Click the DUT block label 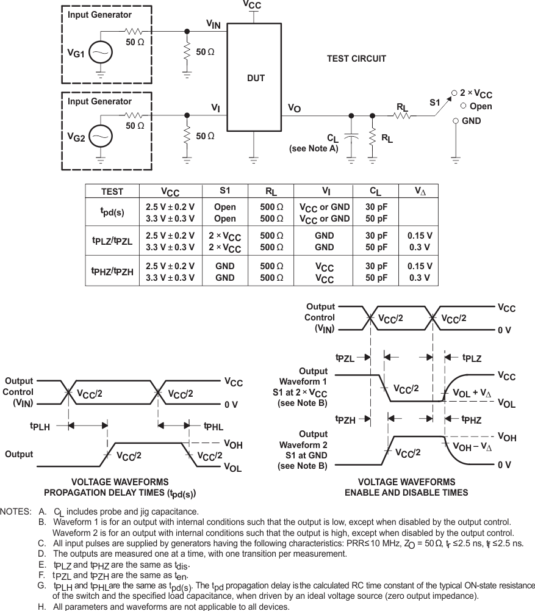256,78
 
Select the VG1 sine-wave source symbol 100,54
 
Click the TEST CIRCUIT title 356,59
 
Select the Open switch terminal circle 456,107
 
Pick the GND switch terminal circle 456,121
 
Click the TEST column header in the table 112,191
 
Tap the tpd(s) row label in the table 112,212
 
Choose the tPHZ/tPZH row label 112,272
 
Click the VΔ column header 420,191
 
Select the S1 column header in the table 224,190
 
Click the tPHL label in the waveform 214,427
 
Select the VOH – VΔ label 473,447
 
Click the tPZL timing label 345,358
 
